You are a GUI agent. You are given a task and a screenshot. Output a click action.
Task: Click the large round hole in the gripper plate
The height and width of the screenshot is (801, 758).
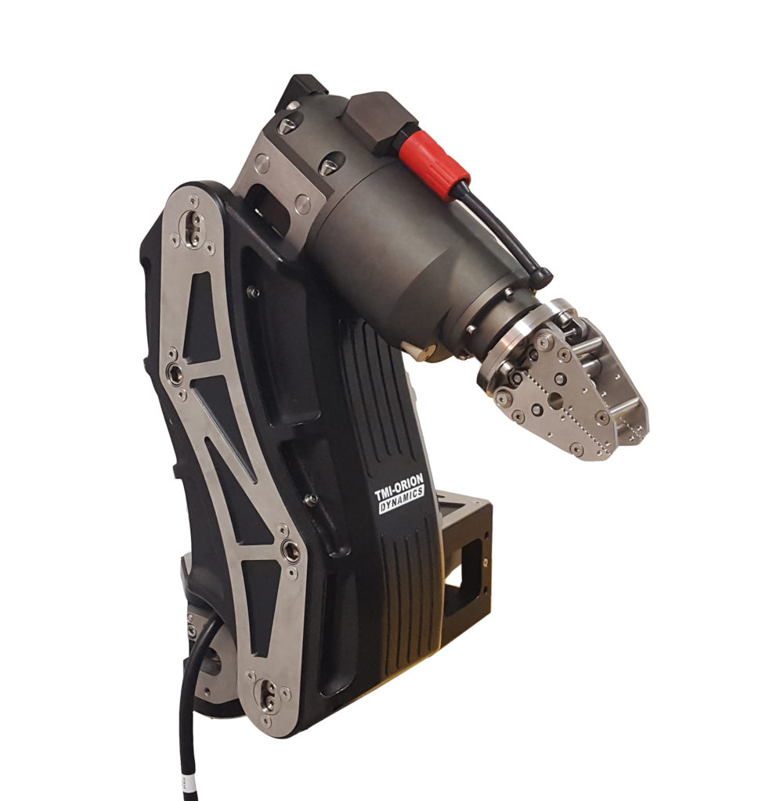[555, 399]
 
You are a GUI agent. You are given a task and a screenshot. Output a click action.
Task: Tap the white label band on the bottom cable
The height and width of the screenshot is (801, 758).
[186, 780]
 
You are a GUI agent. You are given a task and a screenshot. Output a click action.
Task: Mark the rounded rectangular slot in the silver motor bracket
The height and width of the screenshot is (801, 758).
[266, 202]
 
